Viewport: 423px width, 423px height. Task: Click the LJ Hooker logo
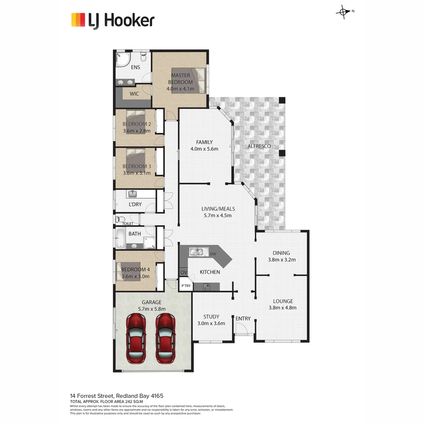[x=113, y=20]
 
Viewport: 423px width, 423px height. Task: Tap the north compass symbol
[x=343, y=12]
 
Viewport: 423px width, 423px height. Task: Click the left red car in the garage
[x=136, y=339]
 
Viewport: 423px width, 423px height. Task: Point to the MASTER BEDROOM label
[x=180, y=79]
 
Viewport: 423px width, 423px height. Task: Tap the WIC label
[x=134, y=94]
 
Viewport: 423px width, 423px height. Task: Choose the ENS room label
[x=136, y=67]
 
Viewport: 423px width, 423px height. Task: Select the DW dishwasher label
[x=213, y=254]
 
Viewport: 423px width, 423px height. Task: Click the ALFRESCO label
[x=259, y=146]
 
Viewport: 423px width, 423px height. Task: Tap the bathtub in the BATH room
[x=120, y=239]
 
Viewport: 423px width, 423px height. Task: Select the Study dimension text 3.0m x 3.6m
[x=211, y=323]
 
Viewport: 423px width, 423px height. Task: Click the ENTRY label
[x=243, y=318]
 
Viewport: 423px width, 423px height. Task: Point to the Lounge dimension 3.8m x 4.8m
[x=282, y=307]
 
